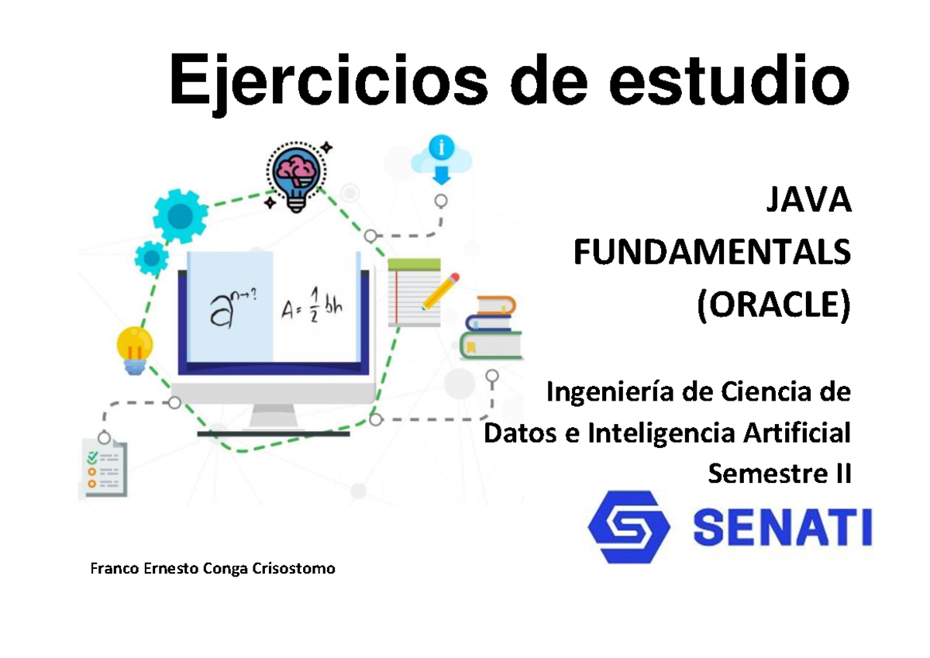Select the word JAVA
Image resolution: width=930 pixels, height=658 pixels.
point(808,204)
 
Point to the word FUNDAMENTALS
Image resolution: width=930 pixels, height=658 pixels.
point(711,253)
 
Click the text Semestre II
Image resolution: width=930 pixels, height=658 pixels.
point(780,471)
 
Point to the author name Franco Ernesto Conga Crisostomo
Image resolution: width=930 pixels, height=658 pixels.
point(213,570)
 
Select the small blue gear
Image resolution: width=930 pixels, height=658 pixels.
point(151,257)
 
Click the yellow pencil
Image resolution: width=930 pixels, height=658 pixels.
point(439,291)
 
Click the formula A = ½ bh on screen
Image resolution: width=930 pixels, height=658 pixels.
point(311,307)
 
